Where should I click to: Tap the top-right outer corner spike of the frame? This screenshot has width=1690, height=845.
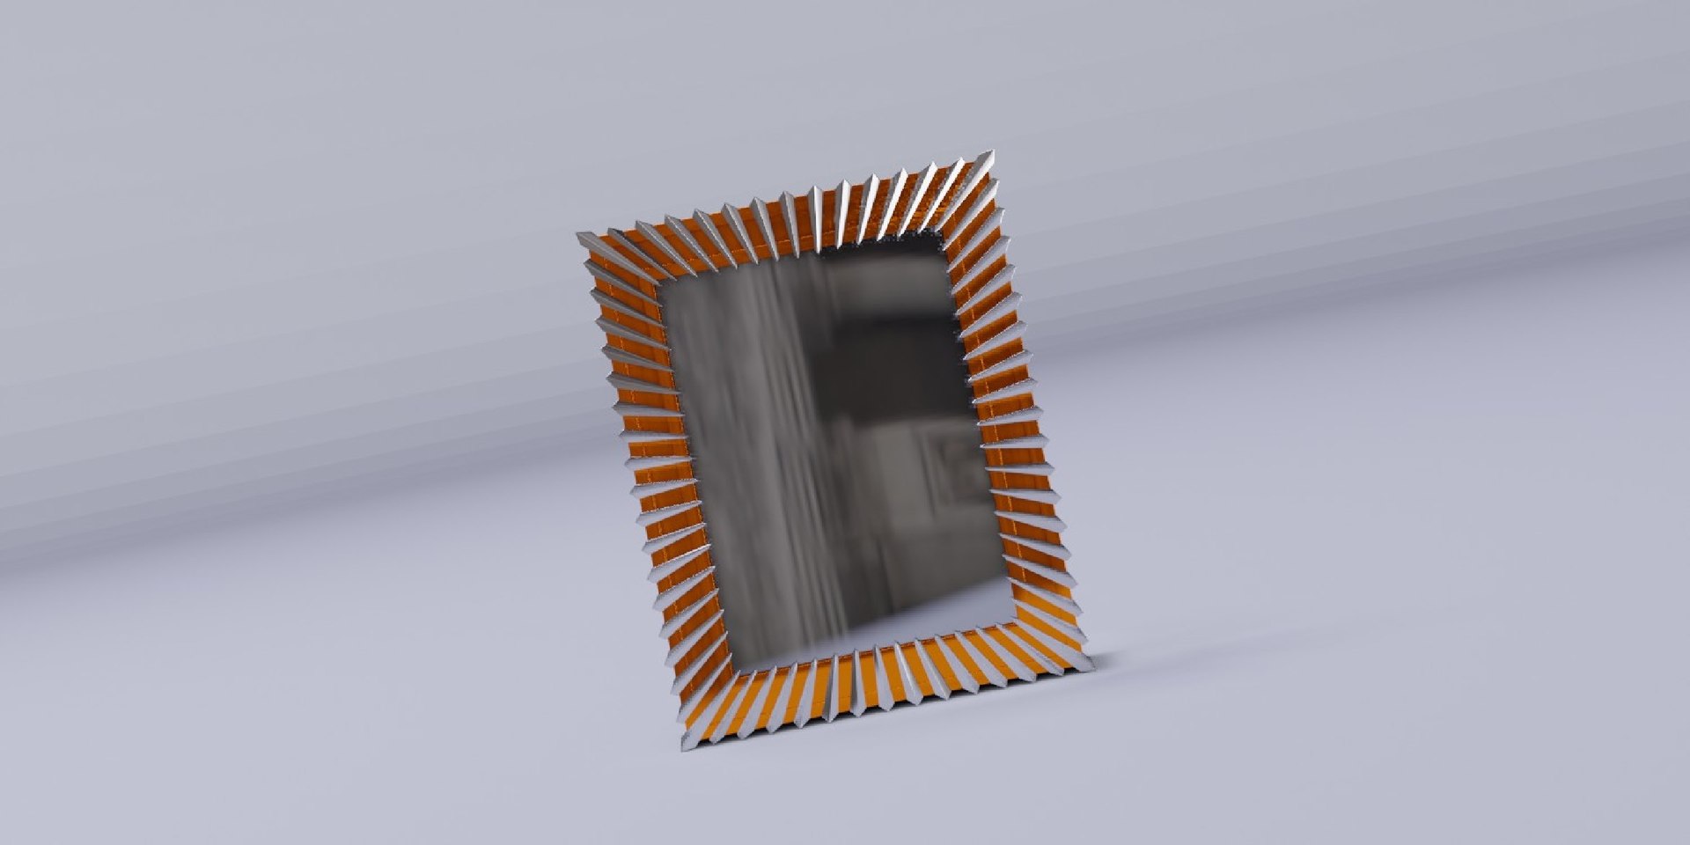tap(994, 156)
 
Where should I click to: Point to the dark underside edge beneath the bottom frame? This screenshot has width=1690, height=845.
tap(889, 720)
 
